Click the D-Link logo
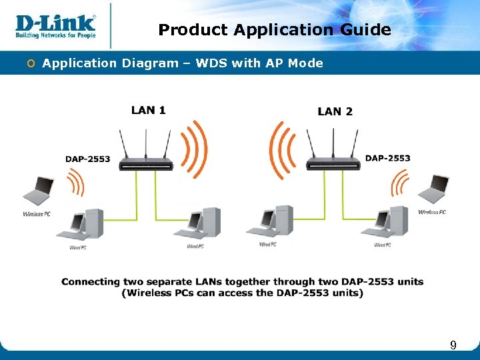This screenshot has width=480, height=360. (x=56, y=25)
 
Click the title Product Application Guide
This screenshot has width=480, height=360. (x=275, y=30)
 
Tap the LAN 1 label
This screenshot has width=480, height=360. (x=149, y=111)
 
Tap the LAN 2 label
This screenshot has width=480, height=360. (x=335, y=111)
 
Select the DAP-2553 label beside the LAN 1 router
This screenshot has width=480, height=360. (x=88, y=159)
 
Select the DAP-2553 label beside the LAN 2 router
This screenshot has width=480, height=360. (x=388, y=158)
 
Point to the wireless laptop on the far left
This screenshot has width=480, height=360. (x=39, y=191)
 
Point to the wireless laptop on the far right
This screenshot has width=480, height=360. (x=434, y=189)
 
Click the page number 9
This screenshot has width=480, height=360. (x=453, y=345)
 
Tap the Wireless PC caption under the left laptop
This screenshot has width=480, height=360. (x=37, y=214)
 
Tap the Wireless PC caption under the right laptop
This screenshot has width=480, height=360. (x=432, y=212)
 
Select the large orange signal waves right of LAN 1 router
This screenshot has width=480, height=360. (x=195, y=149)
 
